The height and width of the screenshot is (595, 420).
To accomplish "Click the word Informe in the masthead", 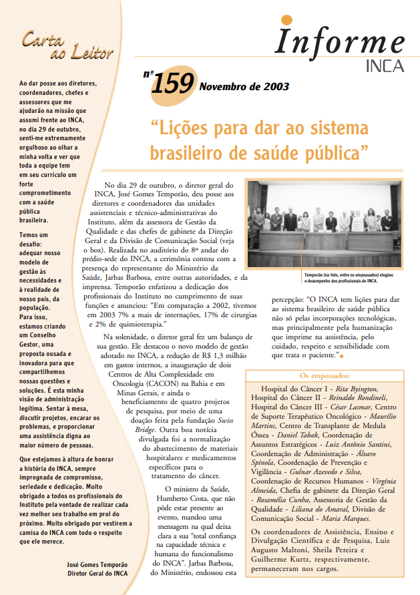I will point(341,42).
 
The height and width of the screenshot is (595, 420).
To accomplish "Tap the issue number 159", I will point(172,85).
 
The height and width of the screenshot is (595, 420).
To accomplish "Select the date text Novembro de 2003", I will point(243,87).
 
